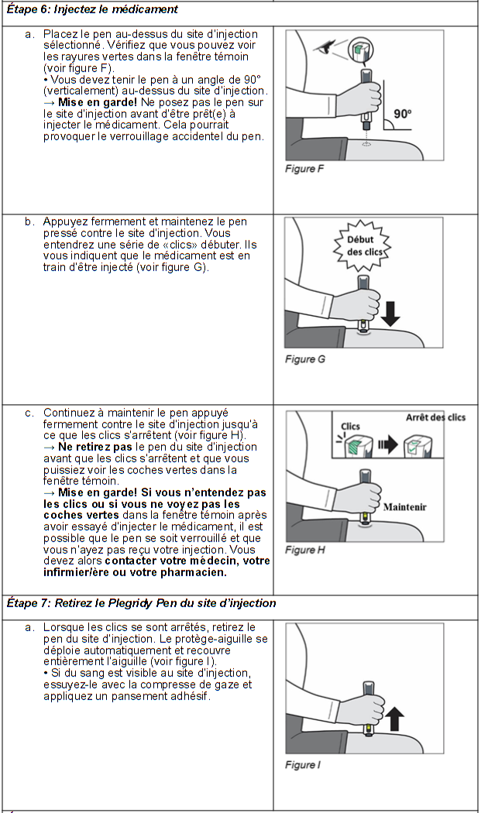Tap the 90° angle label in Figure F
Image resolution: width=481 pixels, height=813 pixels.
(x=403, y=114)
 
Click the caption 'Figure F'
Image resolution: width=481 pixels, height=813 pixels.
(x=300, y=169)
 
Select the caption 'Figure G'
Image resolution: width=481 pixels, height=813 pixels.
(x=301, y=359)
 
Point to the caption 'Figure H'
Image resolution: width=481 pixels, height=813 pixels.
(x=301, y=550)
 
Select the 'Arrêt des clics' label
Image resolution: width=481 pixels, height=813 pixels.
(x=436, y=417)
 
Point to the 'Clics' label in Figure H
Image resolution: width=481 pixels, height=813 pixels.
(x=350, y=427)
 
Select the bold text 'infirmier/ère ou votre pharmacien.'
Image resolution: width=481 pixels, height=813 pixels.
(x=135, y=573)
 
